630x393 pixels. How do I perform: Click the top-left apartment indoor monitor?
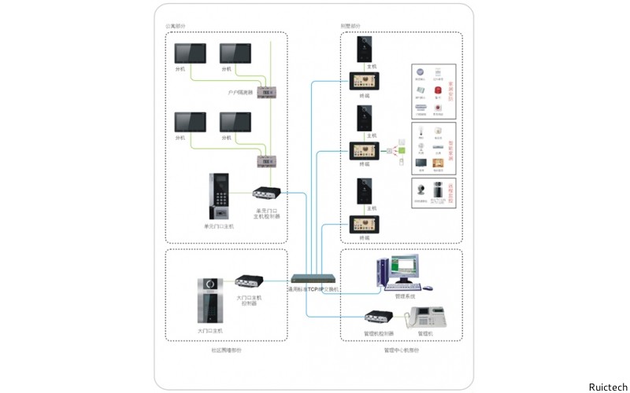click(190, 53)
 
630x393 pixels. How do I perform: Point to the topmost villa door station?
click(365, 50)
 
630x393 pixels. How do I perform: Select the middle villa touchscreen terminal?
click(365, 150)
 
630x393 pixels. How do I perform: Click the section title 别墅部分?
click(350, 26)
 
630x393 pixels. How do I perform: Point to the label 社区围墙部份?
click(226, 350)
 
